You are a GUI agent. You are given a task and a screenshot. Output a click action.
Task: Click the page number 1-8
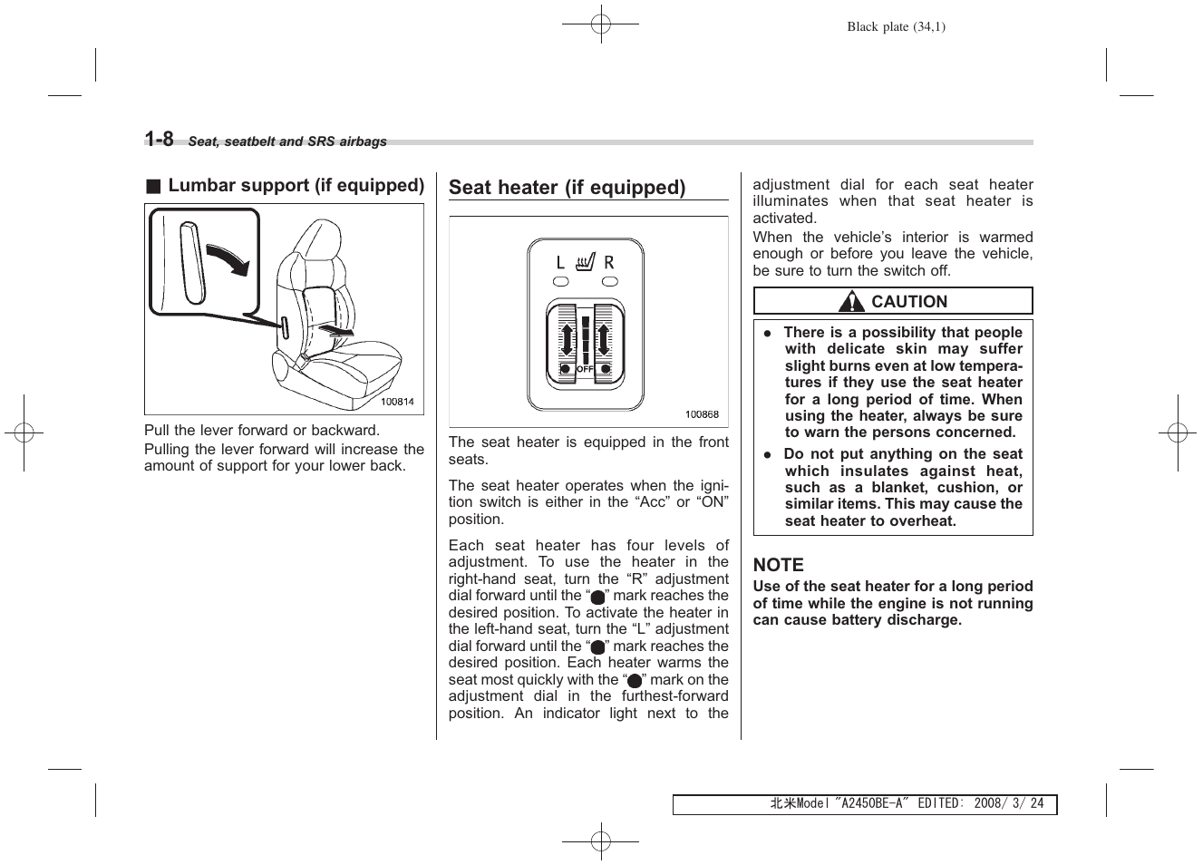(159, 139)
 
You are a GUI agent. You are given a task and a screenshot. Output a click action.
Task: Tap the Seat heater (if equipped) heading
(567, 188)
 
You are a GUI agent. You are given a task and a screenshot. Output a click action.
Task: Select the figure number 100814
(397, 402)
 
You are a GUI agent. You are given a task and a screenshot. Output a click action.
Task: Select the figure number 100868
(702, 414)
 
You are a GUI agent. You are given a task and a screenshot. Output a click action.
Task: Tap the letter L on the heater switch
(560, 263)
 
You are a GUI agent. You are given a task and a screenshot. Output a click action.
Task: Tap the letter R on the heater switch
(609, 263)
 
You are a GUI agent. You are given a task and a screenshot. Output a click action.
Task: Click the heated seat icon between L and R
(585, 263)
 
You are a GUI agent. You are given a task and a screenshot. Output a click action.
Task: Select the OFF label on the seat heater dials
(585, 370)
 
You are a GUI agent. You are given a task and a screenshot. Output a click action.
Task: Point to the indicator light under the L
(561, 282)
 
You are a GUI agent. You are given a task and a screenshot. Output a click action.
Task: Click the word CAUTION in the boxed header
(908, 302)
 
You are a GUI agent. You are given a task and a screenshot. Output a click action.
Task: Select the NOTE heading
(778, 564)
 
